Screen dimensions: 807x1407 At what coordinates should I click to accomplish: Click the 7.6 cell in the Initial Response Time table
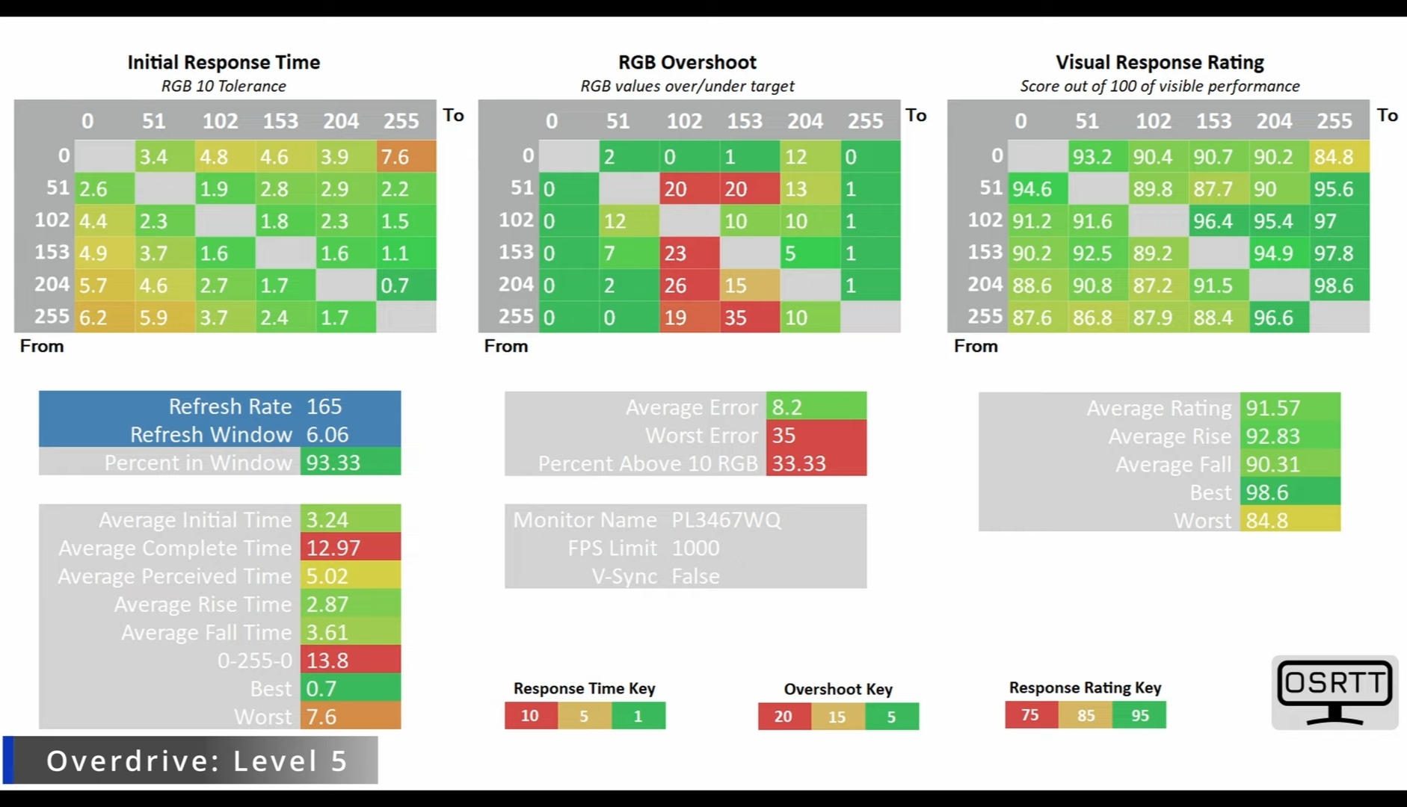pyautogui.click(x=406, y=157)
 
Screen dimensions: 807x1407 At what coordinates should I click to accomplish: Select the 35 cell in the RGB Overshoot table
pyautogui.click(x=749, y=318)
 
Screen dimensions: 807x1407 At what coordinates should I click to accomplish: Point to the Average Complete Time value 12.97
pyautogui.click(x=350, y=548)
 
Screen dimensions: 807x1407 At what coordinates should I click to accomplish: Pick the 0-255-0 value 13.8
pyautogui.click(x=350, y=661)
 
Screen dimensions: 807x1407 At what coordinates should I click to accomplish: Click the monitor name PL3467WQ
pyautogui.click(x=726, y=520)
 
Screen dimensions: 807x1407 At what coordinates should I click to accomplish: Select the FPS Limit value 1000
pyautogui.click(x=695, y=548)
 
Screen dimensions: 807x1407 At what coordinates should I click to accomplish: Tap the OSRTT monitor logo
pyautogui.click(x=1334, y=692)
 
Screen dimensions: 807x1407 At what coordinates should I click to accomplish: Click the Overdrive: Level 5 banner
pyautogui.click(x=196, y=761)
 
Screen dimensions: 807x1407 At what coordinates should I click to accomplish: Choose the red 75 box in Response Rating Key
pyautogui.click(x=1030, y=715)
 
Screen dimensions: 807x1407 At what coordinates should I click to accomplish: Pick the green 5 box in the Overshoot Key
pyautogui.click(x=892, y=717)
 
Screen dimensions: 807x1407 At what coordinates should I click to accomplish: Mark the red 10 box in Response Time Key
pyautogui.click(x=530, y=716)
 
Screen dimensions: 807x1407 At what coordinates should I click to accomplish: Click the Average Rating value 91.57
pyautogui.click(x=1290, y=408)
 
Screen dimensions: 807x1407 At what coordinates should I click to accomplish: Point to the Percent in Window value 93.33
pyautogui.click(x=350, y=463)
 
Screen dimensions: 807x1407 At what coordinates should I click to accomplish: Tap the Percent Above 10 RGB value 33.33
pyautogui.click(x=816, y=463)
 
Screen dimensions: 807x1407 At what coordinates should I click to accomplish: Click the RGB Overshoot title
pyautogui.click(x=687, y=62)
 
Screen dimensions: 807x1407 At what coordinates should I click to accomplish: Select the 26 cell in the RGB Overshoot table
pyautogui.click(x=689, y=285)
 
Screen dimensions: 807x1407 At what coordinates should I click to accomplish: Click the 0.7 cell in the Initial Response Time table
pyautogui.click(x=406, y=285)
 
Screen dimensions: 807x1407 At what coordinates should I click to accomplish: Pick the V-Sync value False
pyautogui.click(x=695, y=576)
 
